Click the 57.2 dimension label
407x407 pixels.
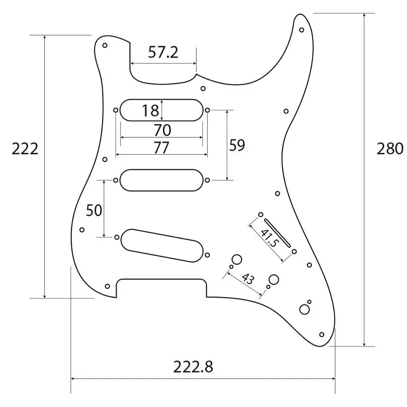pos(163,52)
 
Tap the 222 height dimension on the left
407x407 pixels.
pos(25,149)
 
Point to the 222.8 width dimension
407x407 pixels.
pos(193,366)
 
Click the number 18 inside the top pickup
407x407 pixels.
pos(151,110)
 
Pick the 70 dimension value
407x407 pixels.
pos(162,130)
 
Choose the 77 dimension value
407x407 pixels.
pos(161,148)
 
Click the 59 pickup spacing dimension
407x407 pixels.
pos(237,146)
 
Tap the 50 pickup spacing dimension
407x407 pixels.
pos(94,210)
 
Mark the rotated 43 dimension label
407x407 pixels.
pos(247,279)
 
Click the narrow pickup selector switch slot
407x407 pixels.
pos(277,231)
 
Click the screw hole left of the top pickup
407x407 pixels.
pos(117,110)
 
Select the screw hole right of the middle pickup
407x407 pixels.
pos(208,180)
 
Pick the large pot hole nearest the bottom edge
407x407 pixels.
pos(304,309)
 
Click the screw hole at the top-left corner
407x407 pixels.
pos(105,45)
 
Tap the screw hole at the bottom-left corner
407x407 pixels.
pos(107,286)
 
